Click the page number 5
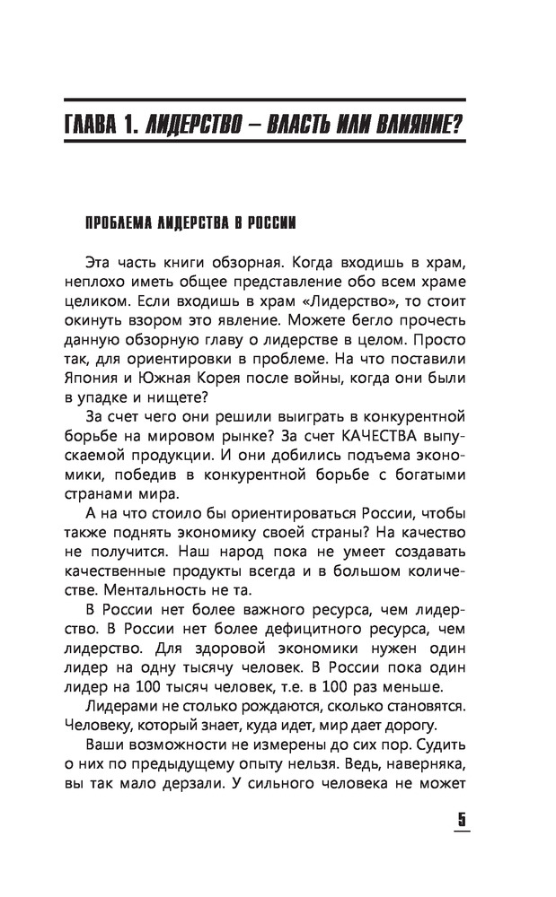(463, 820)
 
